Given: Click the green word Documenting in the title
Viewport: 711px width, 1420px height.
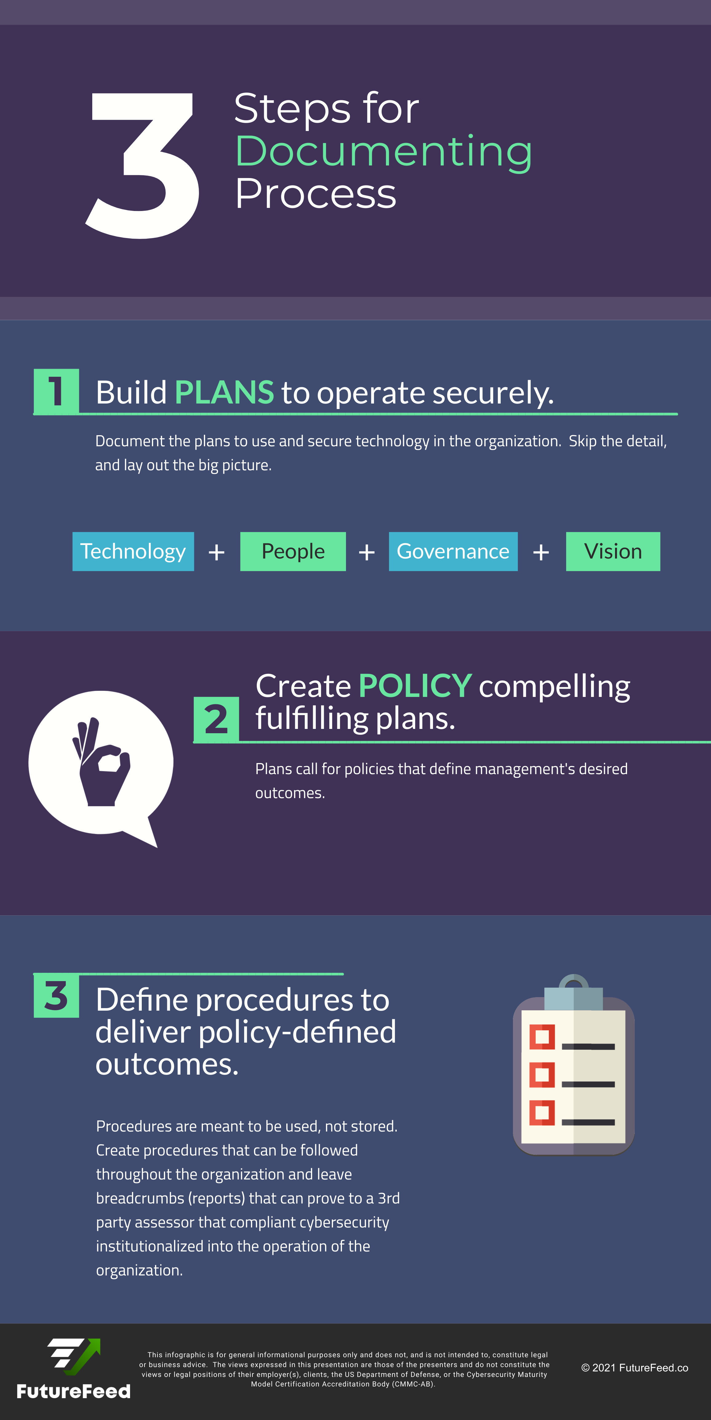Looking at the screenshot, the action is point(383,152).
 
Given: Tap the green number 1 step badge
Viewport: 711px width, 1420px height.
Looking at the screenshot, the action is point(56,391).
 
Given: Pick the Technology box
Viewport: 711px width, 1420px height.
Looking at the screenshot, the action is point(133,551).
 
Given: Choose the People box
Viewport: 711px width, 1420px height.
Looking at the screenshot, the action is point(293,551).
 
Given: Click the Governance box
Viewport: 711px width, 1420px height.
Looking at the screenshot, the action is point(453,551).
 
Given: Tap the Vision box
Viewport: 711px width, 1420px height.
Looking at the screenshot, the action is point(613,551).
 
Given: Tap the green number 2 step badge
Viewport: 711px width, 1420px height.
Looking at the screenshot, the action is point(216,719).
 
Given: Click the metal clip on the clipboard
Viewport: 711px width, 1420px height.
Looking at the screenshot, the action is point(573,992).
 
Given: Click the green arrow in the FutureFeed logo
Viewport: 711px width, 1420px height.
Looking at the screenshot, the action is point(83,1356).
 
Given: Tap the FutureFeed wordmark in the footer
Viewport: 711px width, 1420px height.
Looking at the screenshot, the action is point(73,1391).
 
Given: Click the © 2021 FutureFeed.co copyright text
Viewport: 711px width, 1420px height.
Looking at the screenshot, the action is point(634,1368).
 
